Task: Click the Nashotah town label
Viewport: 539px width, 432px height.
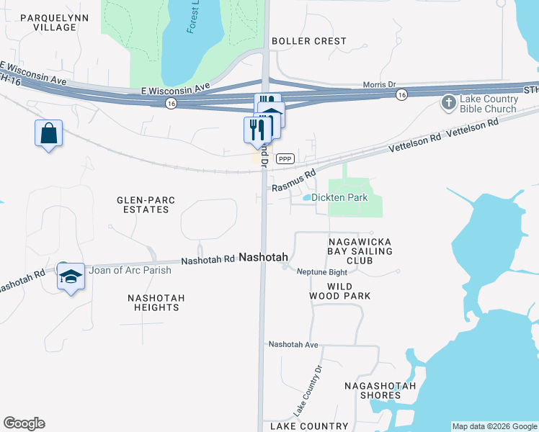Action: click(263, 257)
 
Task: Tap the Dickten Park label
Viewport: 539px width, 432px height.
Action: click(339, 197)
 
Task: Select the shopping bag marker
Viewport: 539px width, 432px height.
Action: click(48, 133)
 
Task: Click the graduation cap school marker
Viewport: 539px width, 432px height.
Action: click(71, 277)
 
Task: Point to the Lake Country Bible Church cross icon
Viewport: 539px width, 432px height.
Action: click(448, 103)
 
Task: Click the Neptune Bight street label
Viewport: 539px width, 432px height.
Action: click(322, 271)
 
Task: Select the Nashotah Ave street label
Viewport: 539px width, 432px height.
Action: click(293, 345)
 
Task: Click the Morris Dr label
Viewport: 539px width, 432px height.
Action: click(380, 84)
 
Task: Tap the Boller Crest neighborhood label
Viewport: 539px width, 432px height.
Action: click(309, 41)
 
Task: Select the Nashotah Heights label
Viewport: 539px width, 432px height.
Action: click(156, 302)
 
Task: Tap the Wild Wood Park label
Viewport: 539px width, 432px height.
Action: click(349, 291)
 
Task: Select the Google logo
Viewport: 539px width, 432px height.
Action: click(24, 423)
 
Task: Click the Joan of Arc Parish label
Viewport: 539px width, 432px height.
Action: click(130, 271)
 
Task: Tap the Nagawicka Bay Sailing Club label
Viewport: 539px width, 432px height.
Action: click(360, 251)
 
